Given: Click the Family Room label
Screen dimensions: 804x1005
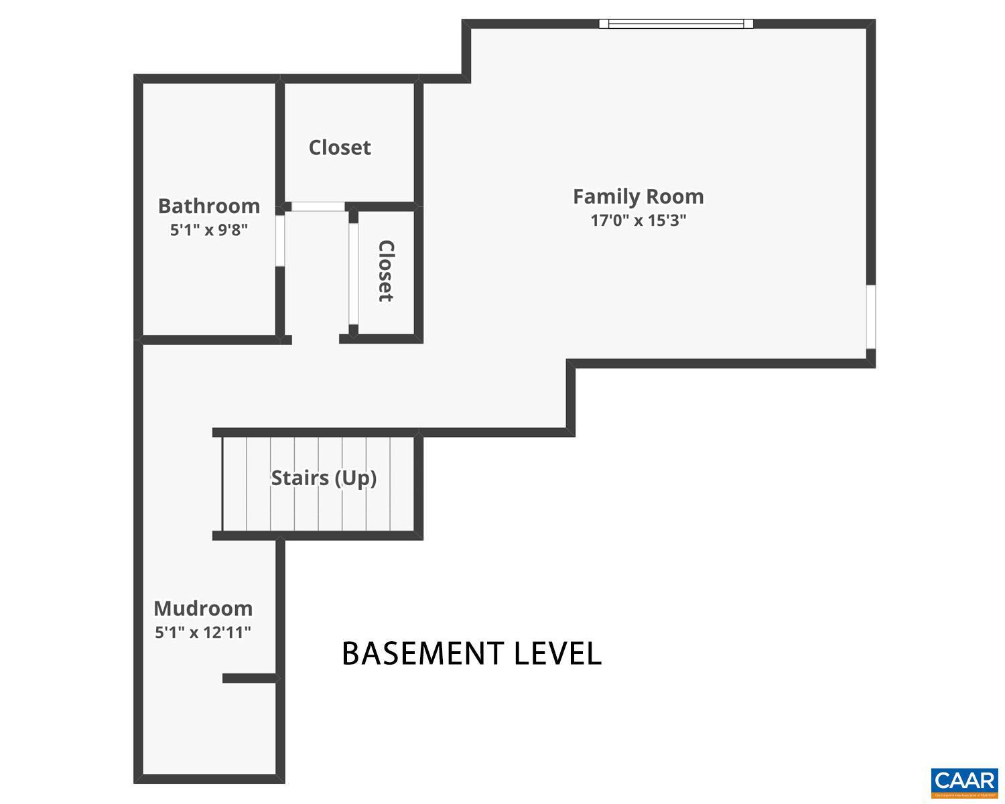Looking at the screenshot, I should pyautogui.click(x=638, y=196).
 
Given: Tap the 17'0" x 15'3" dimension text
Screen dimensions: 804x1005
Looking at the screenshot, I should pyautogui.click(x=638, y=220).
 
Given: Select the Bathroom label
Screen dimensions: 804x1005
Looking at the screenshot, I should pyautogui.click(x=208, y=206).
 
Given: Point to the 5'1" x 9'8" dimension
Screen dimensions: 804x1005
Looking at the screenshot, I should pyautogui.click(x=208, y=230).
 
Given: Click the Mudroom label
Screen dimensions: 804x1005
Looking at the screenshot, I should pyautogui.click(x=203, y=608).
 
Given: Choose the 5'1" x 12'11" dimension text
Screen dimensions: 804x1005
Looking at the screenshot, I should pyautogui.click(x=203, y=632).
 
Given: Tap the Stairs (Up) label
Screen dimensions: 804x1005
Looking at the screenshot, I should pyautogui.click(x=324, y=478).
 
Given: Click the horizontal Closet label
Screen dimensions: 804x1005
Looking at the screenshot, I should pyautogui.click(x=340, y=147).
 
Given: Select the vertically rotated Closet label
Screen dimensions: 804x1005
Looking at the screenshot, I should pyautogui.click(x=386, y=271).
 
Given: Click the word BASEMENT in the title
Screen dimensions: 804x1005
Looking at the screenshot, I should pyautogui.click(x=423, y=653).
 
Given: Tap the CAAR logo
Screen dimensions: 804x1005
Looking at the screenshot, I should pyautogui.click(x=964, y=782).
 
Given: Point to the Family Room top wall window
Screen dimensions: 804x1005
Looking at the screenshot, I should pyautogui.click(x=676, y=24).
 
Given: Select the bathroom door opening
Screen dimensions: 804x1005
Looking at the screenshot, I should pyautogui.click(x=280, y=240).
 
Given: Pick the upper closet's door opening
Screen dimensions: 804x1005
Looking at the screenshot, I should pyautogui.click(x=318, y=206).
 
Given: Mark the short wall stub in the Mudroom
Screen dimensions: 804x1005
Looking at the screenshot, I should pyautogui.click(x=249, y=679).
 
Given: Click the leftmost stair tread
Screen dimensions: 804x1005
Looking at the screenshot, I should pyautogui.click(x=234, y=483).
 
